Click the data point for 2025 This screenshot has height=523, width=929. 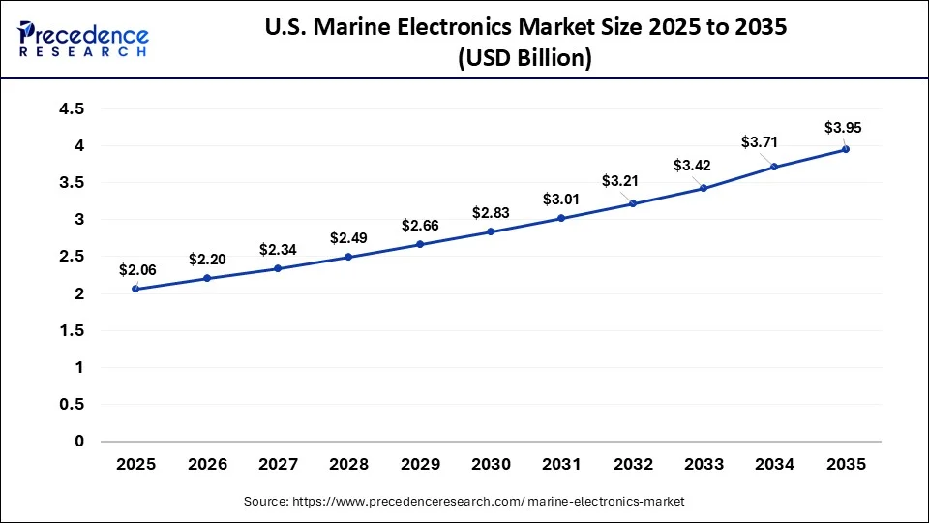pos(135,289)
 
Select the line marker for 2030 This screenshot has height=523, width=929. pos(491,231)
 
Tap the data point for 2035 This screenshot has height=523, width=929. pos(846,149)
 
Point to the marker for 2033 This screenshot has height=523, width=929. pos(704,188)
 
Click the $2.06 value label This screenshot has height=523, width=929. pos(135,269)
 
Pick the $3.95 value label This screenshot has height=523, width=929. pos(841,127)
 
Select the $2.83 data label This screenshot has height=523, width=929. pos(490,213)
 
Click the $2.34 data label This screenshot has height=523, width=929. pos(277,249)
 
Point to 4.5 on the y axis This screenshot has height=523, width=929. pos(72,109)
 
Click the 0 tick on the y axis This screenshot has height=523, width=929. pos(80,442)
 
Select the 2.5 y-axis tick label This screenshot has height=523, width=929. pos(72,257)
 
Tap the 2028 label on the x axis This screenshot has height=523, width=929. pos(348,465)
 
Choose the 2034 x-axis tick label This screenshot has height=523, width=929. pos(774,465)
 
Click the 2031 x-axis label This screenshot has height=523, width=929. pos(561,465)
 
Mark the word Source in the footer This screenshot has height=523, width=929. pos(270,502)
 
